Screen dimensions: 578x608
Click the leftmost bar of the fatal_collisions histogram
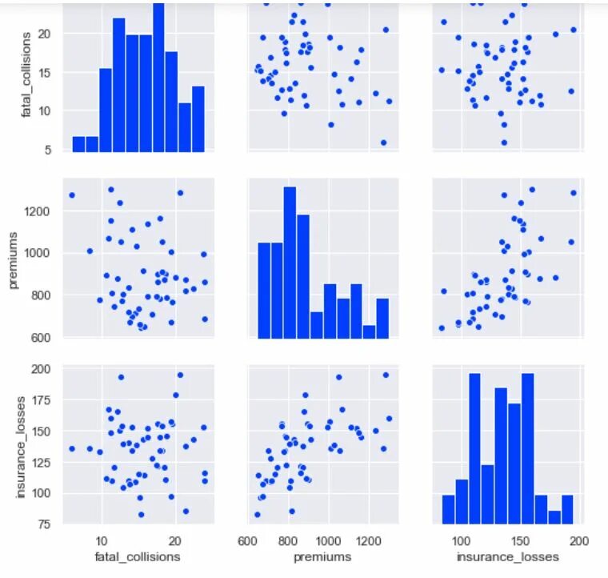point(78,143)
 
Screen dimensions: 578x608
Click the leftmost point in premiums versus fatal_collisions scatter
point(72,195)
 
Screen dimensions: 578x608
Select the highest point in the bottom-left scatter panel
point(180,375)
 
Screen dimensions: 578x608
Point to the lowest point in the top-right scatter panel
point(504,142)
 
